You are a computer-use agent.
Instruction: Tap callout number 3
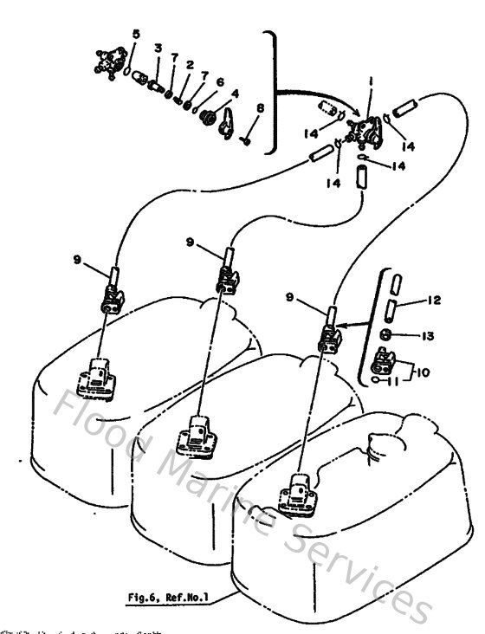(158, 47)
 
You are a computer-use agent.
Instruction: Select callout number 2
(189, 65)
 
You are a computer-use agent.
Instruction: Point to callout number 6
(220, 82)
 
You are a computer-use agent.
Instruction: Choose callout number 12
(434, 301)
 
